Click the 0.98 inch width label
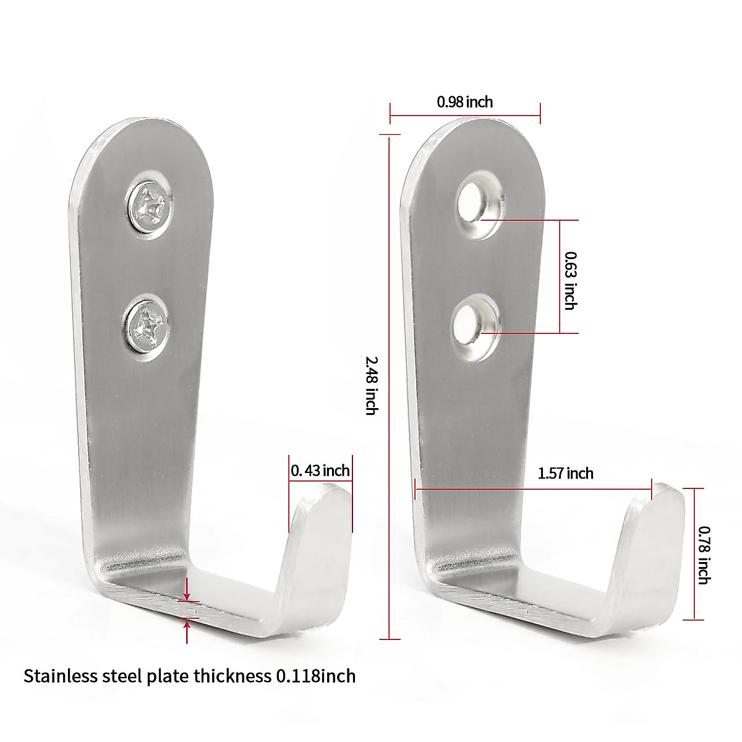pyautogui.click(x=465, y=102)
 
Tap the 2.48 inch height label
pyautogui.click(x=371, y=384)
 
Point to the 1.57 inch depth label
pyautogui.click(x=565, y=474)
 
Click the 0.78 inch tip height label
pyautogui.click(x=704, y=554)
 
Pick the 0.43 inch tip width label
pyautogui.click(x=320, y=471)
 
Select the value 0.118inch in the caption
pyautogui.click(x=315, y=676)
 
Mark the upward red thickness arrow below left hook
pyautogui.click(x=187, y=631)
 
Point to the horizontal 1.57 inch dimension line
pyautogui.click(x=532, y=489)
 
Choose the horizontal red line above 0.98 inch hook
pyautogui.click(x=465, y=115)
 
